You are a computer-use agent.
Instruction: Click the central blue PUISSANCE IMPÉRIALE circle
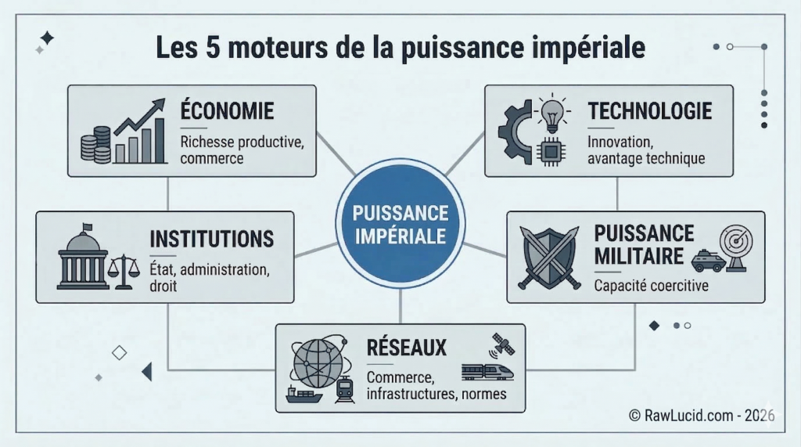(x=400, y=224)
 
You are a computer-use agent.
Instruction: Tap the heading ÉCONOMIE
(x=228, y=110)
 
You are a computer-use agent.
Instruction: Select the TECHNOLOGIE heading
(x=650, y=111)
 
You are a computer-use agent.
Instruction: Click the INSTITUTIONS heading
(x=211, y=239)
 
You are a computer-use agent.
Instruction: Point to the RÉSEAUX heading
(x=407, y=348)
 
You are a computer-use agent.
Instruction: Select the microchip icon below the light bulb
(x=551, y=151)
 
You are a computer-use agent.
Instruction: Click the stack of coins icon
(x=96, y=145)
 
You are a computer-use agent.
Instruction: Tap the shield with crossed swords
(x=549, y=258)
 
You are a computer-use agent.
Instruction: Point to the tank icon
(x=708, y=261)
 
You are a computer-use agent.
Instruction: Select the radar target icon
(x=736, y=248)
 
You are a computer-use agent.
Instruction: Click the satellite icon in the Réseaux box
(x=502, y=346)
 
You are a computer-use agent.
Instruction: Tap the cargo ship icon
(x=304, y=395)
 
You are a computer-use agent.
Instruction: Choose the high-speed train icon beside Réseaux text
(x=487, y=373)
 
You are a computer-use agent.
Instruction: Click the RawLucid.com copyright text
(x=702, y=415)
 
